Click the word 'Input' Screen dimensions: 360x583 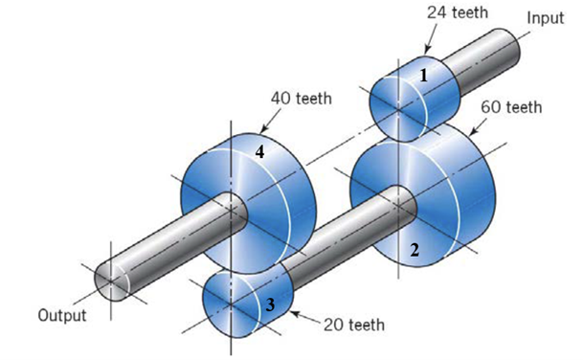coord(546,18)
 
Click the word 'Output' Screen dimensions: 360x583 coord(62,314)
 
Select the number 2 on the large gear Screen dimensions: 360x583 coord(414,251)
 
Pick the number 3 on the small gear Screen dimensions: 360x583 coord(271,304)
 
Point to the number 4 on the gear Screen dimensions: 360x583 coord(258,151)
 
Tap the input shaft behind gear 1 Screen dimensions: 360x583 coord(488,57)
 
